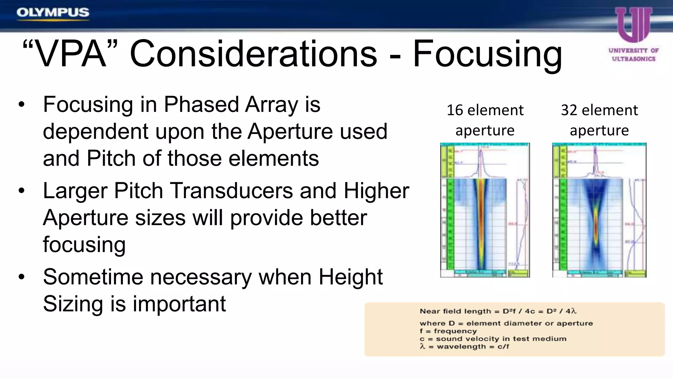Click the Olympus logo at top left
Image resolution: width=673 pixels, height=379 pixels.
click(x=53, y=13)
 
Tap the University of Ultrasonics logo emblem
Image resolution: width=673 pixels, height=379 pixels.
click(x=633, y=25)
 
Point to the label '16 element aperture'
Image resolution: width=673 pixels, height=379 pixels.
click(x=485, y=120)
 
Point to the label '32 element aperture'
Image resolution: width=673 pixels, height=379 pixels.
click(x=599, y=120)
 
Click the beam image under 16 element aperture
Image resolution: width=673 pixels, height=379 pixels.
click(x=485, y=211)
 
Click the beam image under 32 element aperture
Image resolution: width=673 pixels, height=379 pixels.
click(x=599, y=211)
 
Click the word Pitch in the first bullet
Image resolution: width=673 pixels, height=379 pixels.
click(x=111, y=159)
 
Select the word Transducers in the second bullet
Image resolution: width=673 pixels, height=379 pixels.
click(x=231, y=191)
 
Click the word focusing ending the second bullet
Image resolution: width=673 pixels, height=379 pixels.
click(x=84, y=245)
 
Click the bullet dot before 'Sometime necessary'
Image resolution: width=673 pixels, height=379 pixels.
click(x=22, y=277)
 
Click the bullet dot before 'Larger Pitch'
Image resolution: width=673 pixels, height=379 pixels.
click(x=22, y=191)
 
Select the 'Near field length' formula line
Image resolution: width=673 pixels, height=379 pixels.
click(x=498, y=311)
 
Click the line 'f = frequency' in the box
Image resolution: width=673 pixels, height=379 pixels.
click(x=448, y=331)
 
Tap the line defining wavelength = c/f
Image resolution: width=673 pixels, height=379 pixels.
click(x=464, y=346)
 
